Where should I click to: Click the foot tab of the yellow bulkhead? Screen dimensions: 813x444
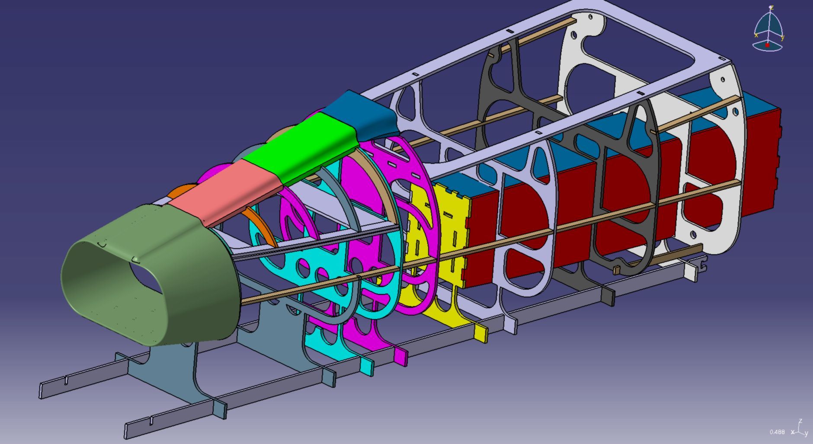click(480, 333)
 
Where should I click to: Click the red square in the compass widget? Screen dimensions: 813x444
click(767, 45)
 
